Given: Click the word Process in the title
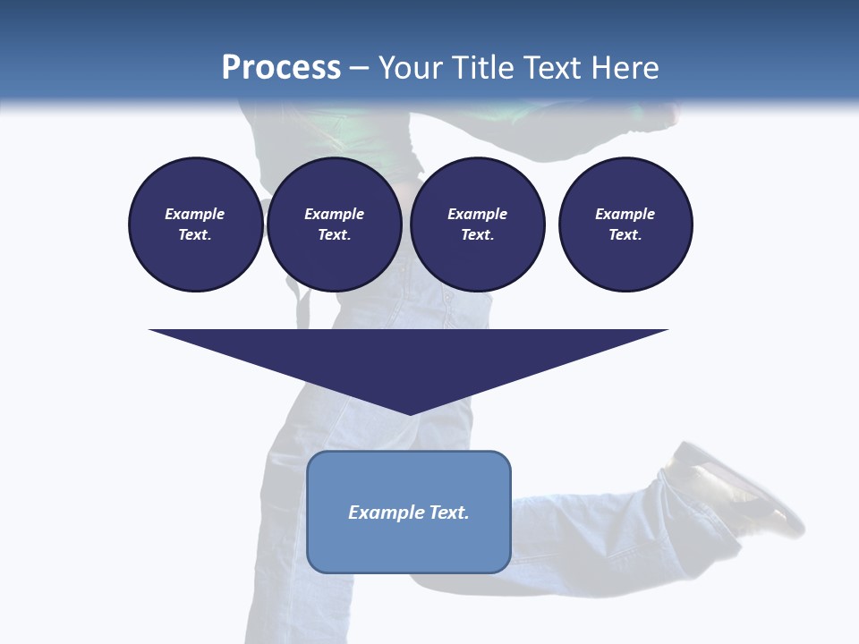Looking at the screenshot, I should coord(281,68).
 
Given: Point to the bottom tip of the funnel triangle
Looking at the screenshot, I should coord(410,414).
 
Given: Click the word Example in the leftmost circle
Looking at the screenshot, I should coord(195,214).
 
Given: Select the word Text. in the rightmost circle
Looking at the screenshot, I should coord(625,234).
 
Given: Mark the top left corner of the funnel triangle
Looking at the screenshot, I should coord(150,331).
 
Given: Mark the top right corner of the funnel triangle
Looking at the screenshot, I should coord(668,331).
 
